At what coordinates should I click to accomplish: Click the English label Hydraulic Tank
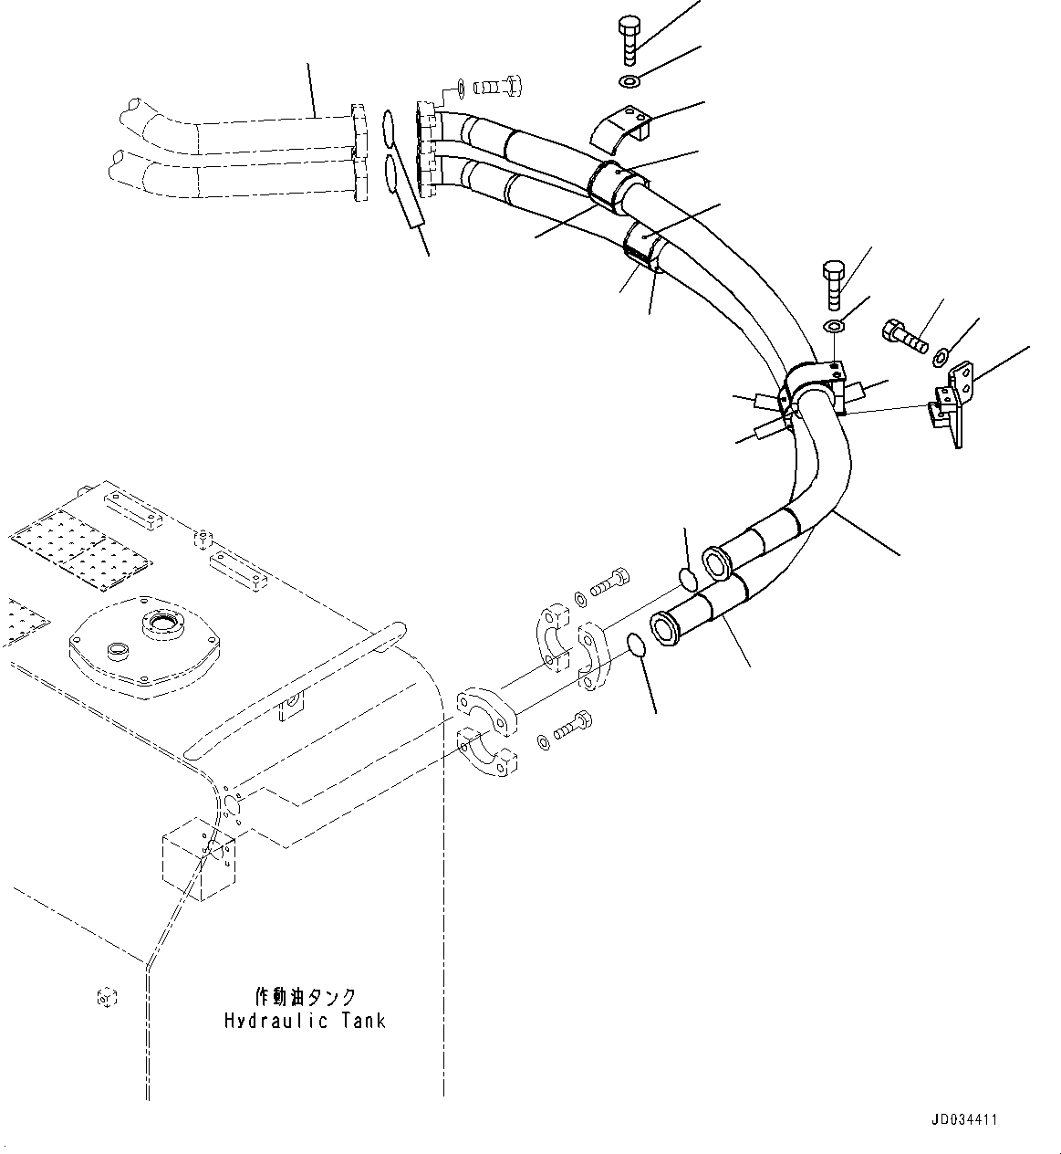(305, 1021)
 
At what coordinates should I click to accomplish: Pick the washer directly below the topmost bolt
(629, 83)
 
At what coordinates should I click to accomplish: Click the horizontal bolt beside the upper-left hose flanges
(499, 87)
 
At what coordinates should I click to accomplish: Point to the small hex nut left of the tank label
(106, 998)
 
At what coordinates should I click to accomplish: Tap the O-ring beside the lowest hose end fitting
(639, 647)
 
